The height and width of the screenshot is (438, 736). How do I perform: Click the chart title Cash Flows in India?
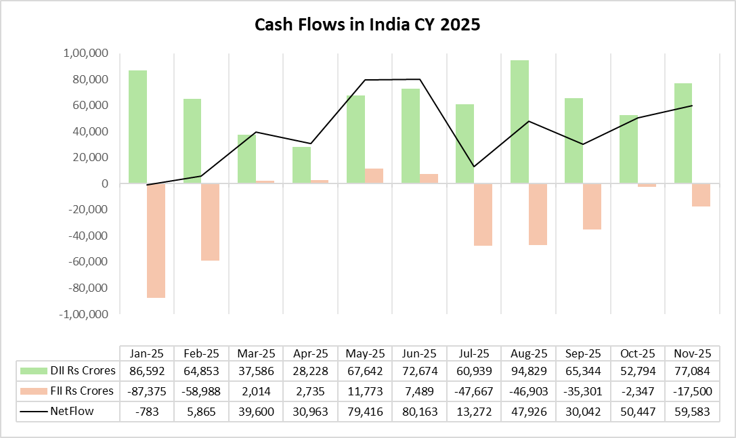point(367,25)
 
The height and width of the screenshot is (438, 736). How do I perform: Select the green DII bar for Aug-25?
point(519,122)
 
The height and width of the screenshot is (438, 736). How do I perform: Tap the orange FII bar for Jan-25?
point(156,240)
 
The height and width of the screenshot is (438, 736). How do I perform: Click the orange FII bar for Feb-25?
point(210,222)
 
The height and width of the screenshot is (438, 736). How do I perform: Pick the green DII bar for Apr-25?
point(301,165)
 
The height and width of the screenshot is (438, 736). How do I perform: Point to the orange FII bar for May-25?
point(374,176)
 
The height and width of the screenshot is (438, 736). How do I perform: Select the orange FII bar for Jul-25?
point(483,215)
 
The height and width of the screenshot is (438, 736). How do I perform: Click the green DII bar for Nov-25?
point(683,133)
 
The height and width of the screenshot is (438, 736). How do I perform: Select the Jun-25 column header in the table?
point(419,353)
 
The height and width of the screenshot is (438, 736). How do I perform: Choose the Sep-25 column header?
point(583,353)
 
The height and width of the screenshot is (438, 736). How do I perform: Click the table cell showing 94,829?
point(528,371)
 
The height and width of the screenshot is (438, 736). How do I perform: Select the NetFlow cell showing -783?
point(147,410)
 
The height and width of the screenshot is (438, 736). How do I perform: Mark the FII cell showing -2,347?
point(637,391)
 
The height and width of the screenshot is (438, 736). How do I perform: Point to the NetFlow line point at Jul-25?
point(474,167)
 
